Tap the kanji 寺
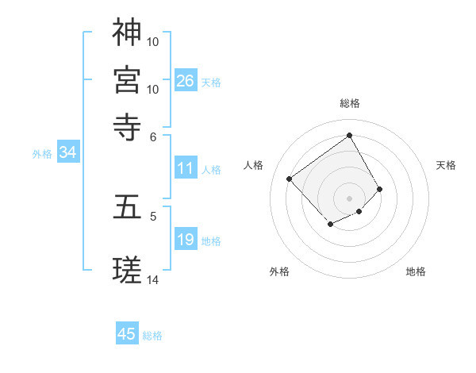[x=128, y=125]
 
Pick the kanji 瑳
[x=128, y=271]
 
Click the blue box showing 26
[x=186, y=80]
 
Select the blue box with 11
[x=186, y=168]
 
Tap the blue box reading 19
[x=186, y=240]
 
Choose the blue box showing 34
[x=67, y=153]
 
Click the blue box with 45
[x=127, y=334]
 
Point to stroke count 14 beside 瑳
[x=153, y=279]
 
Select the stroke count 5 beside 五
[x=154, y=215]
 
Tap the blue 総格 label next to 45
[x=152, y=336]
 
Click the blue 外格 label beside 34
[x=42, y=154]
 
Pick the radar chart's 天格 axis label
[x=446, y=165]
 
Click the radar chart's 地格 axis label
[x=416, y=271]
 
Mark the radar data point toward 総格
[x=349, y=135]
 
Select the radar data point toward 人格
[x=290, y=179]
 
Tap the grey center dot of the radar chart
[x=349, y=198]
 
